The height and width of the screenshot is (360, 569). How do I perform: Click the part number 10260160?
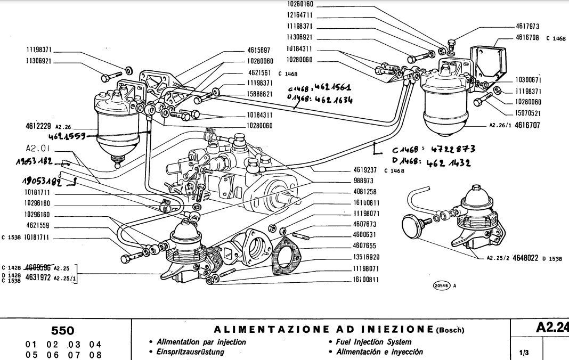pyautogui.click(x=299, y=4)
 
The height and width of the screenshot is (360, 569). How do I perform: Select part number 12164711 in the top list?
pyautogui.click(x=299, y=15)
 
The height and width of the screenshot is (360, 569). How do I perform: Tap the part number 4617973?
pyautogui.click(x=528, y=26)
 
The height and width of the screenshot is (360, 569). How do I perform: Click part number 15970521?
pyautogui.click(x=528, y=113)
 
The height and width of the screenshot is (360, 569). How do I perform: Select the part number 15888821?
pyautogui.click(x=260, y=93)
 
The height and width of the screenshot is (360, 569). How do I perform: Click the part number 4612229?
pyautogui.click(x=38, y=126)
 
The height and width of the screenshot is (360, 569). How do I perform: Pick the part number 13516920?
pyautogui.click(x=365, y=257)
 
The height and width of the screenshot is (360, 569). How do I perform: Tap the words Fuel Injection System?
pyautogui.click(x=373, y=342)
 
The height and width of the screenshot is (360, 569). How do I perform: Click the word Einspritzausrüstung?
pyautogui.click(x=191, y=352)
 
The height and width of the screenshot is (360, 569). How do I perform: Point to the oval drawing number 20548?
pyautogui.click(x=442, y=285)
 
